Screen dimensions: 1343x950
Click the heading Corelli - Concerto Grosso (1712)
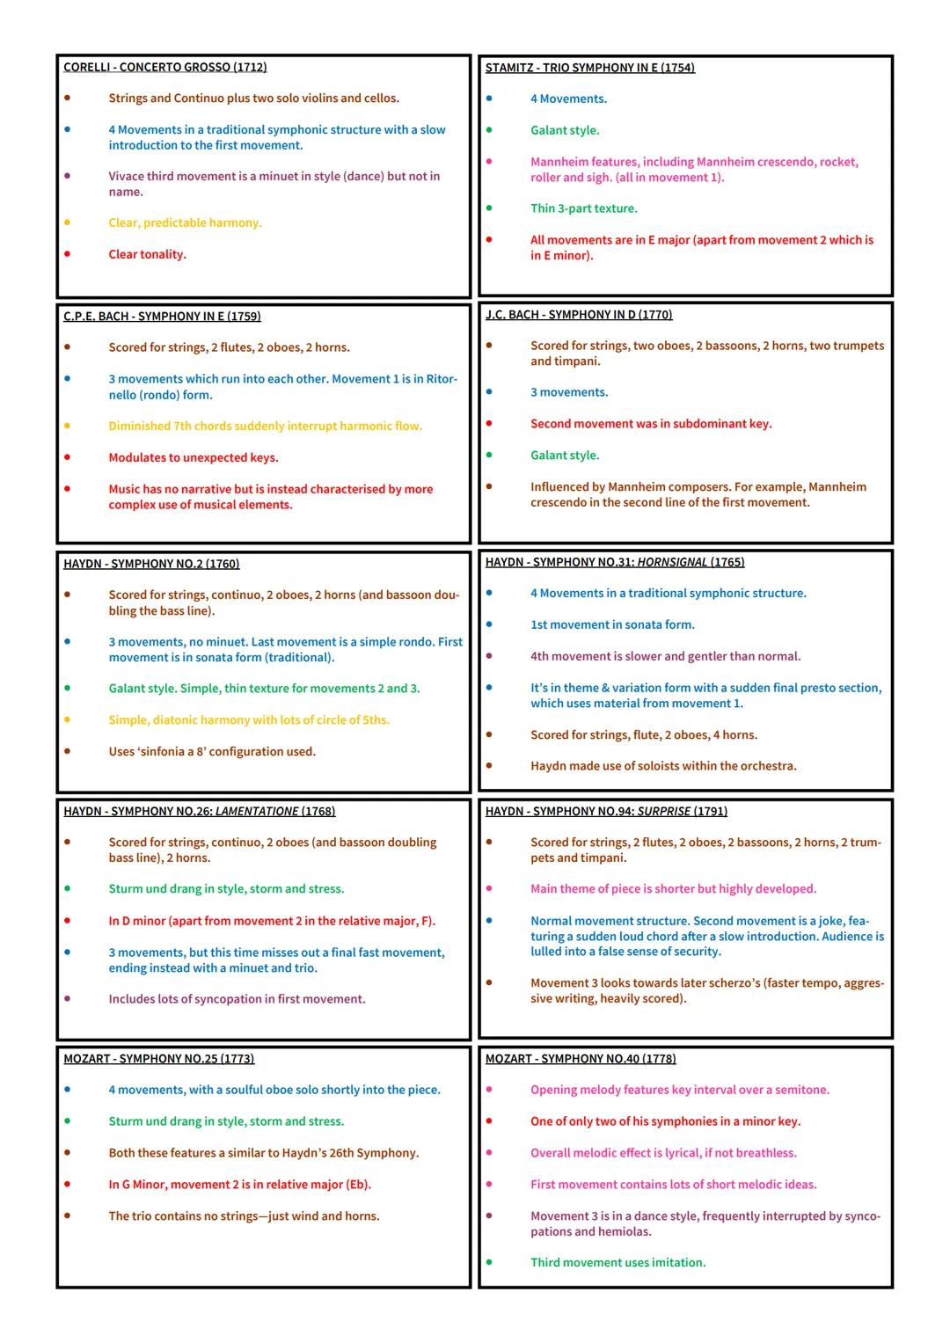point(165,67)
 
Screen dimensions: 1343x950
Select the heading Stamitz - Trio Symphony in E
point(589,68)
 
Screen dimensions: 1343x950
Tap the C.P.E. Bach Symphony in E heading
point(162,317)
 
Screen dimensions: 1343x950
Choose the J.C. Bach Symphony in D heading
point(579,315)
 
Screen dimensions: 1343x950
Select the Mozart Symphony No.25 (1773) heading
point(158,1059)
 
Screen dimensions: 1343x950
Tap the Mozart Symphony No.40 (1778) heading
point(581,1059)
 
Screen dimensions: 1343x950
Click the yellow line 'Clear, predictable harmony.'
point(186,223)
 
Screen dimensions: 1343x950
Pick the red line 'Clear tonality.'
point(148,254)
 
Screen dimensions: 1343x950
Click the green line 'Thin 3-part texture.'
point(584,208)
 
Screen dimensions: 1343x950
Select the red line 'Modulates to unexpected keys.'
point(194,457)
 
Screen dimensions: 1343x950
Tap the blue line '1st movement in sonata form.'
point(612,624)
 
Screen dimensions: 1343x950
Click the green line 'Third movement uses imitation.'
point(617,1262)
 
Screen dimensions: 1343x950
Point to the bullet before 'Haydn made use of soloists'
point(489,766)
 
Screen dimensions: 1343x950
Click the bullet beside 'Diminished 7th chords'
point(67,426)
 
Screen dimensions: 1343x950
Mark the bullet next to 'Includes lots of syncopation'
point(67,999)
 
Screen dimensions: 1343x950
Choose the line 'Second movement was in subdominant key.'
point(651,424)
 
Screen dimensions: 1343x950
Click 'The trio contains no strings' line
point(244,1215)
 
